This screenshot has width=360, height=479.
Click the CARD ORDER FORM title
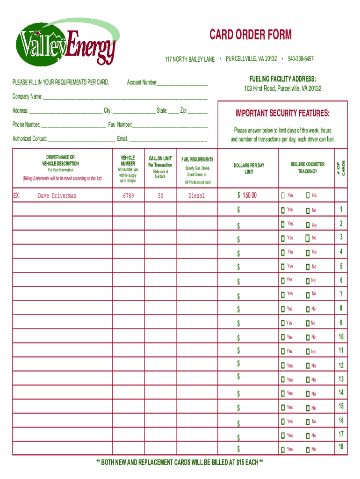[x=250, y=35]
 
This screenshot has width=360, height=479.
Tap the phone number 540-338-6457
[x=301, y=59]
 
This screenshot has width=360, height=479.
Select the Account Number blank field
[x=182, y=83]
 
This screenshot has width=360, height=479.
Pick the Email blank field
[x=168, y=139]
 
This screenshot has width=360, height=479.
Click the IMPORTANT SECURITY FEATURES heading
[x=282, y=114]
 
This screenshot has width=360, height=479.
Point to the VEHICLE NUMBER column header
[x=128, y=161]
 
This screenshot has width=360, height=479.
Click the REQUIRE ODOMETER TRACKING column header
[x=307, y=168]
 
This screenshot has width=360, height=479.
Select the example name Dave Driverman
[x=57, y=196]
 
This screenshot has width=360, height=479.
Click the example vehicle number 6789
[x=128, y=196]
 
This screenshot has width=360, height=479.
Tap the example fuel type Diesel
[x=196, y=196]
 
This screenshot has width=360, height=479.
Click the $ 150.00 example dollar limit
[x=247, y=195]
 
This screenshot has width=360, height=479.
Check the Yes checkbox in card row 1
[x=283, y=210]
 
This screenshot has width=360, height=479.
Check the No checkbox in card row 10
[x=308, y=337]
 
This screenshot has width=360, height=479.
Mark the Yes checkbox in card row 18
[x=283, y=450]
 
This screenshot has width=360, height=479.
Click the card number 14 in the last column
[x=341, y=392]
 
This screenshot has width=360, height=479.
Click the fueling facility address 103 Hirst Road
[x=282, y=88]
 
